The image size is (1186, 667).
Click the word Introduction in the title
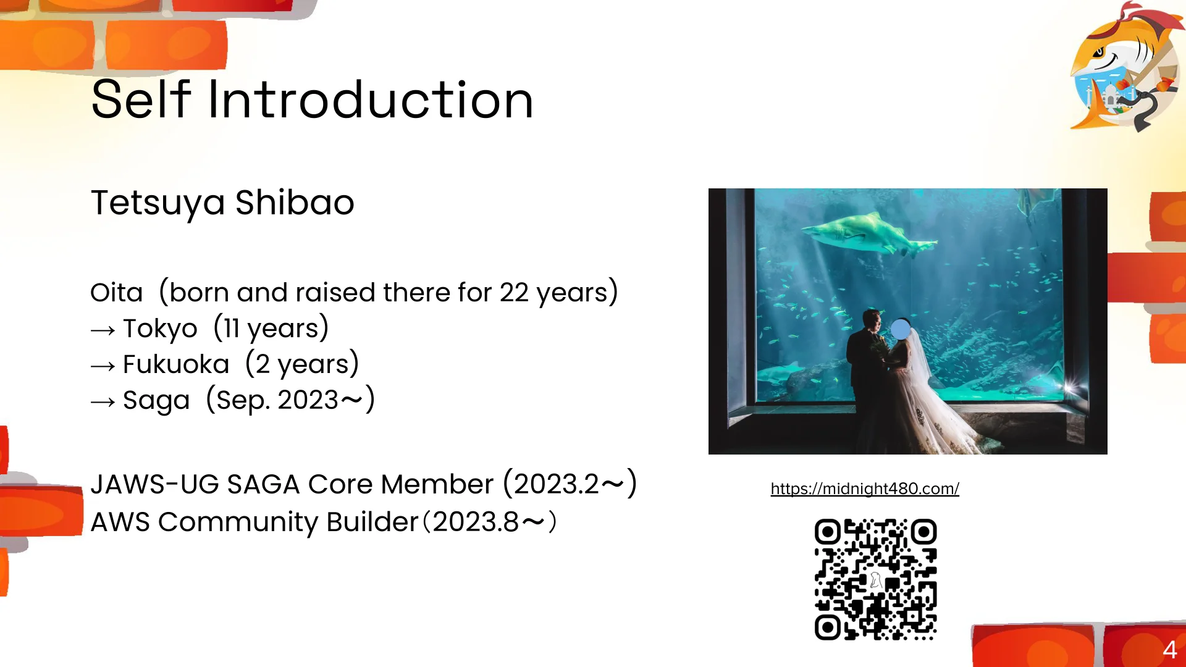[371, 99]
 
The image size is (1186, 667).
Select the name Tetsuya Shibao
[222, 203]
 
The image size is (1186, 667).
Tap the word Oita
[117, 293]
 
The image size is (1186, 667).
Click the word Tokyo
[160, 329]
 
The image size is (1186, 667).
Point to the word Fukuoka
[176, 364]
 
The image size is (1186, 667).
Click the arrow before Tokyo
[103, 330]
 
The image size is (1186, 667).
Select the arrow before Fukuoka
[103, 366]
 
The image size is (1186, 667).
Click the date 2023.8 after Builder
[476, 522]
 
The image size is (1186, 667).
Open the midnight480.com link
[865, 489]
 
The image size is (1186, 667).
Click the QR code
[875, 579]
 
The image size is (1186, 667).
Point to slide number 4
[1169, 650]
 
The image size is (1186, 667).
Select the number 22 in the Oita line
[514, 293]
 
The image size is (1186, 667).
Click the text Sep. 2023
[277, 400]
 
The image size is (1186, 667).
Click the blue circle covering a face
[901, 329]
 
